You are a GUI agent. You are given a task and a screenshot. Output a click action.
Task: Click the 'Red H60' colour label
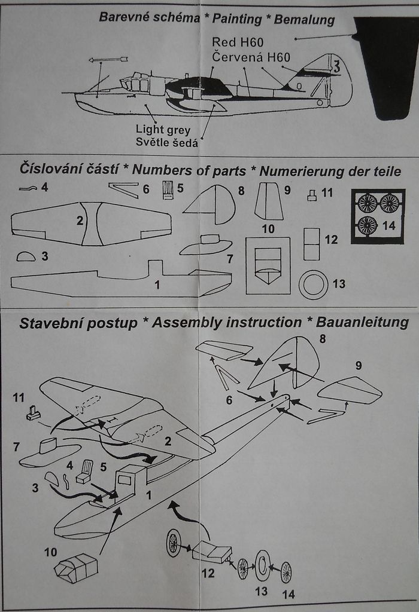pyautogui.click(x=238, y=42)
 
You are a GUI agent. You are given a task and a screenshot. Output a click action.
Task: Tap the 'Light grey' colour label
pyautogui.click(x=163, y=130)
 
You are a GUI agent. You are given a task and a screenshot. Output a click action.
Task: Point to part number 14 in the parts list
pyautogui.click(x=389, y=225)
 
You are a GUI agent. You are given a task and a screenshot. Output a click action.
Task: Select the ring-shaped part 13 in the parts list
pyautogui.click(x=313, y=284)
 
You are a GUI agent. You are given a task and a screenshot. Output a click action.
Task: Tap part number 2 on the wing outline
pyautogui.click(x=80, y=221)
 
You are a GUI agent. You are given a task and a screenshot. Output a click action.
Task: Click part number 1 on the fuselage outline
pyautogui.click(x=157, y=285)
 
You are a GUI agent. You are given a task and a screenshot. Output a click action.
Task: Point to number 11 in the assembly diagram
pyautogui.click(x=19, y=397)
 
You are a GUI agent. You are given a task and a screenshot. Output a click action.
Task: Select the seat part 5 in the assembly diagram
pyautogui.click(x=85, y=472)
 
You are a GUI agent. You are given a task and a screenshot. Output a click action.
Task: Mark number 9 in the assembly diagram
pyautogui.click(x=358, y=366)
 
